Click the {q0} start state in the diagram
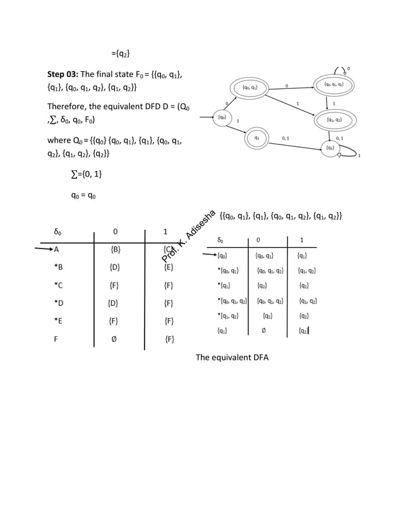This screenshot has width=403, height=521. (222, 117)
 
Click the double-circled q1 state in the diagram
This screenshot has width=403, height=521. (256, 138)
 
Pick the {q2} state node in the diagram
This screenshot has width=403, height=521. (330, 148)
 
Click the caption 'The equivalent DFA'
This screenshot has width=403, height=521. (232, 358)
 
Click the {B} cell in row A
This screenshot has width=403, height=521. (116, 249)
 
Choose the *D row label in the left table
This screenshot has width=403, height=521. (59, 303)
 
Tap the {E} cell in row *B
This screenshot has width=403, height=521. (169, 267)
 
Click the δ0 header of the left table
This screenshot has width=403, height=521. (59, 231)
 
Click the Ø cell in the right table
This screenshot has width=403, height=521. (263, 330)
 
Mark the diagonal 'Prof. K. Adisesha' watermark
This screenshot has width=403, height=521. (189, 237)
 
